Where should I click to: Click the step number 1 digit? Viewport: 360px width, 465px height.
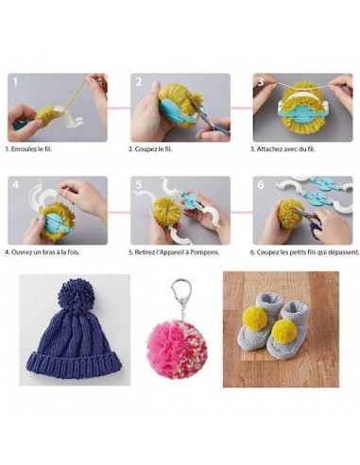point(15,82)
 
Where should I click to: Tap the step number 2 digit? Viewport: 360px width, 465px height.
point(138,82)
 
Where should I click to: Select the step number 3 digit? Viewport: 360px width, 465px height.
point(261,82)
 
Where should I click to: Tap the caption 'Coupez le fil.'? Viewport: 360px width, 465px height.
point(152,149)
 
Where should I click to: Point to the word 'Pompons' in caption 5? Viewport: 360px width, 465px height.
point(210,252)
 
